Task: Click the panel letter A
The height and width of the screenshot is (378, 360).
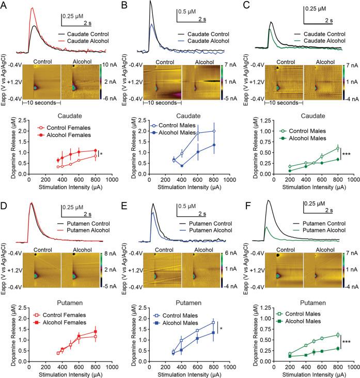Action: (x=4, y=5)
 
